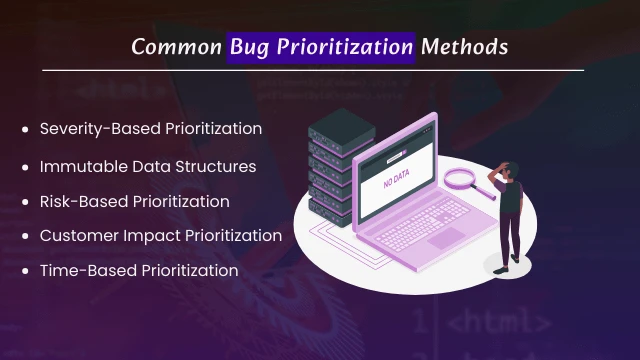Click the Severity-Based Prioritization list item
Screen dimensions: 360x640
click(151, 129)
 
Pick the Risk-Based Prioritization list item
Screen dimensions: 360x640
click(134, 201)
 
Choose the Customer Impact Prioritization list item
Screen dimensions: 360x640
click(160, 236)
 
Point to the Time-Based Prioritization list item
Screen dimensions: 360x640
click(138, 271)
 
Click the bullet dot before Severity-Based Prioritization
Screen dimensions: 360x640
click(25, 130)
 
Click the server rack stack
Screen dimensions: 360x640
click(330, 165)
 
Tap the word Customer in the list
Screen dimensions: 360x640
click(73, 236)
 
